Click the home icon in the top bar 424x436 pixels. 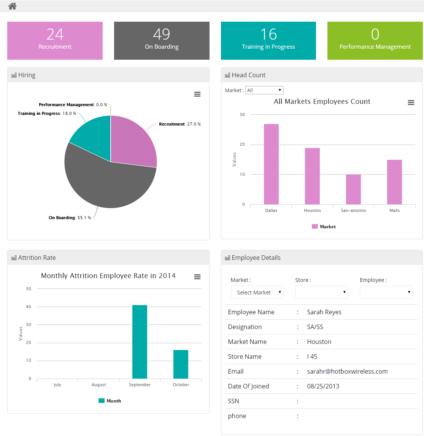point(13,6)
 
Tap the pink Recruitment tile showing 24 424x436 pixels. point(55,41)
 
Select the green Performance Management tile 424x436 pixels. point(375,41)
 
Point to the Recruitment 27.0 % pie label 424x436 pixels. point(179,124)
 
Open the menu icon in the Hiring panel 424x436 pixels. point(197,94)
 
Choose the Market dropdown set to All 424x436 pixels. point(264,90)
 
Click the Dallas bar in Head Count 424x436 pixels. point(271,164)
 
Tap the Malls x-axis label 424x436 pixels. point(394,210)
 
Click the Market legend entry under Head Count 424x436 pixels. point(324,226)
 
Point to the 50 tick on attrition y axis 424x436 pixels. point(29,289)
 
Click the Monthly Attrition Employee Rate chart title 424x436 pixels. point(108,276)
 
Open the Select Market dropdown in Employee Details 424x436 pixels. point(257,292)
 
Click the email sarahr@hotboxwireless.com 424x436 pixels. point(347,371)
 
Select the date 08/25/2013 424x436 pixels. point(323,386)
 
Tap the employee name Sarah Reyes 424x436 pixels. point(324,312)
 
